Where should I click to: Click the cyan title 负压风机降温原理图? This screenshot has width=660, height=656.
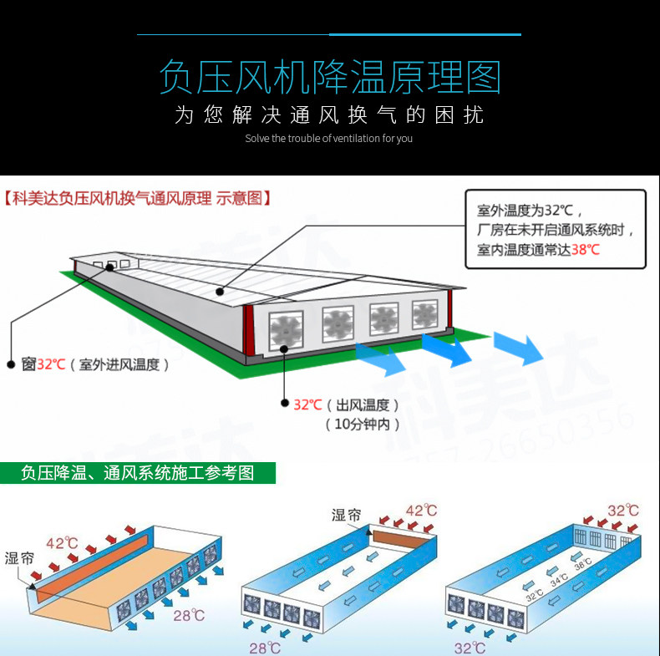(x=329, y=77)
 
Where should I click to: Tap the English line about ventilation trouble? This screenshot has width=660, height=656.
(x=329, y=139)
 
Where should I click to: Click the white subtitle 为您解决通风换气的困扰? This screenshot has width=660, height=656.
(x=329, y=115)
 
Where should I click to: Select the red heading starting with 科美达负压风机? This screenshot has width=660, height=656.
(x=138, y=199)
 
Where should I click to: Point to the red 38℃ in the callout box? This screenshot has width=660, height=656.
(x=585, y=250)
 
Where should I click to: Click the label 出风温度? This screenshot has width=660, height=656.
(x=362, y=404)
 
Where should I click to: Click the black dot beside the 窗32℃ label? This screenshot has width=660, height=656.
(x=11, y=364)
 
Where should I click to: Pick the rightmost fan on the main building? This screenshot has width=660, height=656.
(x=424, y=314)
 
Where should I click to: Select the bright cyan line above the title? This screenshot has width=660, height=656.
(x=424, y=35)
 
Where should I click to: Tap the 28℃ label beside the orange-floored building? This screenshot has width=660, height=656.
(x=188, y=616)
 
